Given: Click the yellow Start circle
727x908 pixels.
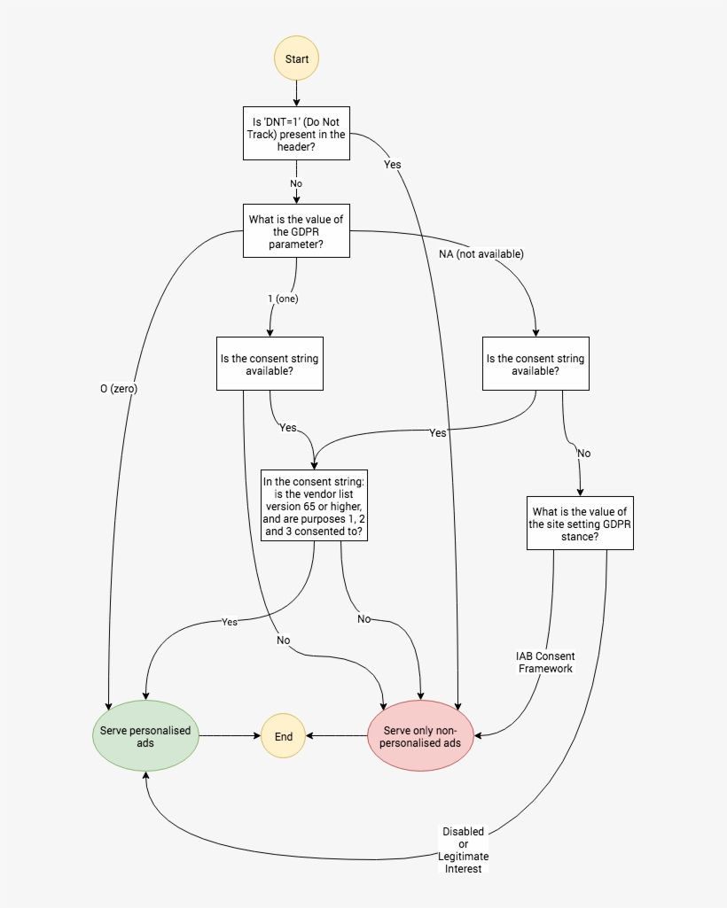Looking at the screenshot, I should coord(296,59).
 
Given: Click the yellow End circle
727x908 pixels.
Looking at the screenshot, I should coord(284,736).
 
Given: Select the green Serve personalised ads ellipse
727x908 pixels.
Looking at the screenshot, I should coord(145,736).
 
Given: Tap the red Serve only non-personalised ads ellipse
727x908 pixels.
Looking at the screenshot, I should coord(421,736).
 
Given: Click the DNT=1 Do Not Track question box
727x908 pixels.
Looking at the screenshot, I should coord(296,134).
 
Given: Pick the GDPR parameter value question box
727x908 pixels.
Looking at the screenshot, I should coord(296,231).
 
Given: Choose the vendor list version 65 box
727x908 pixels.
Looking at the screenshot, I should coord(314,506).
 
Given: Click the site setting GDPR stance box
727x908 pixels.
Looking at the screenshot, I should coord(580,524).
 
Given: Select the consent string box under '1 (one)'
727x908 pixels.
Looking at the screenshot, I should coord(270,364).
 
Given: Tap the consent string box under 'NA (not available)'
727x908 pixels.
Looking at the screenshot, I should coord(535,364).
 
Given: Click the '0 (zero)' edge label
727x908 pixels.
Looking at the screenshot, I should coord(119,388).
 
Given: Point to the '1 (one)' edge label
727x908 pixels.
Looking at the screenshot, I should coord(284,299).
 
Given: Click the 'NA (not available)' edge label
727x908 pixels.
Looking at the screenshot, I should coord(481,254).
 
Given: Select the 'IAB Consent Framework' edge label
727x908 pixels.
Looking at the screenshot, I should coord(545,663).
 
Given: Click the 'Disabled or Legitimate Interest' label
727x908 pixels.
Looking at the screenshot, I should coord(464,850).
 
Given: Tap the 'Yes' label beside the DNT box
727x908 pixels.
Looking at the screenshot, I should coord(393,165).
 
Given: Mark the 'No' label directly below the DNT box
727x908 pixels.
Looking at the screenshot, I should coord(296,183).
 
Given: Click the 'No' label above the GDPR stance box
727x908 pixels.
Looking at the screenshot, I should coord(583,453).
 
